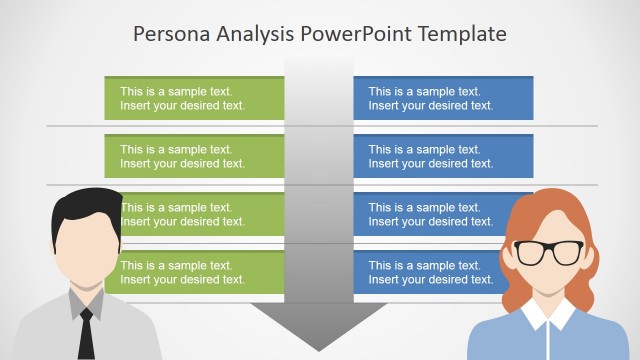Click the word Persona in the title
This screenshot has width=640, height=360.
click(169, 34)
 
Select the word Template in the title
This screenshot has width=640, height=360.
click(463, 34)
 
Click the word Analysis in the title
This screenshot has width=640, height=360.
click(256, 34)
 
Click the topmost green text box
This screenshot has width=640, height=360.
click(195, 98)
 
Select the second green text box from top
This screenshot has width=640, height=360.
click(195, 156)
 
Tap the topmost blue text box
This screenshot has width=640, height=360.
click(443, 98)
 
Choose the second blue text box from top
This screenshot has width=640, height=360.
click(443, 156)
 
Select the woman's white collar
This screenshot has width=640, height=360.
click(547, 318)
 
